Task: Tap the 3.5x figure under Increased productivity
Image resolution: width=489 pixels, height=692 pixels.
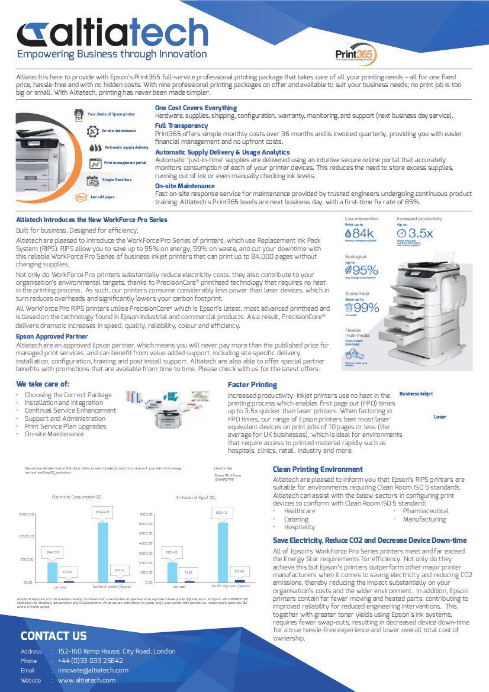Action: click(421, 233)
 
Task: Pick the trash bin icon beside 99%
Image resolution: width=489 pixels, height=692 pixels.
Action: click(349, 307)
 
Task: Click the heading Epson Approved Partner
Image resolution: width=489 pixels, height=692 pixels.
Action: click(52, 336)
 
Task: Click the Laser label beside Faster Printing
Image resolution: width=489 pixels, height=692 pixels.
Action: click(440, 417)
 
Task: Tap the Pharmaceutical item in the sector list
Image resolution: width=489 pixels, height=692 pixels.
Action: click(426, 511)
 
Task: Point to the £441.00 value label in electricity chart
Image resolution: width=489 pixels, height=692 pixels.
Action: click(53, 552)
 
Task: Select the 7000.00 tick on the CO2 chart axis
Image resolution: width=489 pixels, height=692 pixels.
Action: click(146, 514)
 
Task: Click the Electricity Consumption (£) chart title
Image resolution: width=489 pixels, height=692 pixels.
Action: click(77, 497)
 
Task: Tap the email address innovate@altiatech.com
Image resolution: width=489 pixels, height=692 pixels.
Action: click(93, 670)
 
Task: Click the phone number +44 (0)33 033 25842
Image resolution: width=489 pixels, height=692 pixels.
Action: click(91, 661)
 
